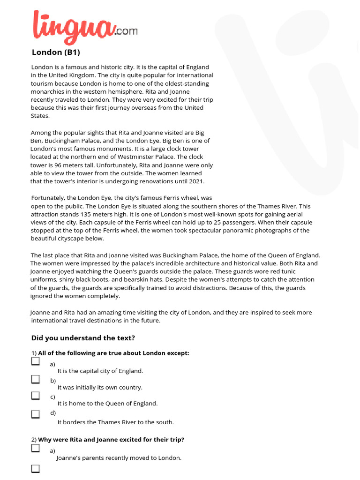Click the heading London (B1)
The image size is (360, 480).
(x=59, y=52)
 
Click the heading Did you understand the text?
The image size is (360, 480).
(x=83, y=337)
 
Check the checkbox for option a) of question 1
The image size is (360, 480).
(x=36, y=361)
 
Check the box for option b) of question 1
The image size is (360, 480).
(x=36, y=379)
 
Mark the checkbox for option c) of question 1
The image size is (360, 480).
(x=36, y=396)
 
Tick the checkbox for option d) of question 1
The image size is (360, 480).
(x=36, y=414)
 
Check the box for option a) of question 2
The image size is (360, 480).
(x=36, y=448)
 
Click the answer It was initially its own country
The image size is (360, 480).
(x=100, y=388)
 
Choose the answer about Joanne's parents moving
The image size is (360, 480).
(x=119, y=458)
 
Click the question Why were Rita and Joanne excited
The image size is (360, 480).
(x=111, y=440)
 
